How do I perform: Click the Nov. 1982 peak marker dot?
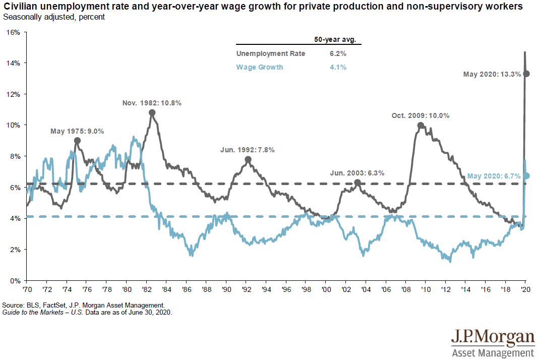click(152, 113)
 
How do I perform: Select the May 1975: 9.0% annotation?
click(77, 131)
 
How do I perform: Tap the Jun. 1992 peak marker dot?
click(248, 159)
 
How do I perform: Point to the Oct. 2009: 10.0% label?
click(420, 115)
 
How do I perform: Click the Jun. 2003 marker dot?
click(357, 183)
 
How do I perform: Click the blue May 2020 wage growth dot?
click(526, 175)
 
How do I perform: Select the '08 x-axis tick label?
click(405, 291)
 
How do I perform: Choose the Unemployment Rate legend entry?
click(270, 53)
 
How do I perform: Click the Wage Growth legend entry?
click(260, 67)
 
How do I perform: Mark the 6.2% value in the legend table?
click(338, 53)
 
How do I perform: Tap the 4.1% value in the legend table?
click(338, 67)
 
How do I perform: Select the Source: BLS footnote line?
click(83, 305)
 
